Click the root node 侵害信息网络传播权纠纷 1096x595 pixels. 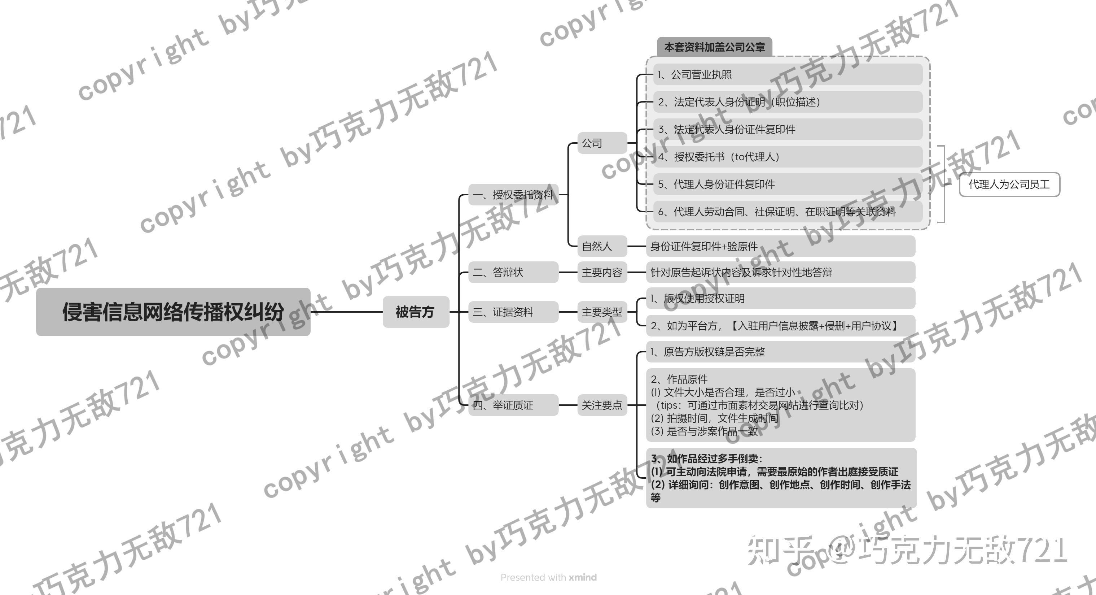(x=173, y=312)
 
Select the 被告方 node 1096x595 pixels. (x=416, y=312)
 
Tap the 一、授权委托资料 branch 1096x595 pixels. (x=513, y=195)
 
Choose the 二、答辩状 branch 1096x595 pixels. (x=513, y=272)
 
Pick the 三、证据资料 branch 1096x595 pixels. (x=513, y=312)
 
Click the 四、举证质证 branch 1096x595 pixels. (x=513, y=405)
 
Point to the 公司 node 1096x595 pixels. (x=602, y=143)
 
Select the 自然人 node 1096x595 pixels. (x=602, y=246)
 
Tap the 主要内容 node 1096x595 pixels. (x=602, y=272)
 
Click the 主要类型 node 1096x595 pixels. (x=602, y=312)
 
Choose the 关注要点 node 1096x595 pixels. (x=602, y=405)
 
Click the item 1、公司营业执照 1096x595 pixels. (x=787, y=74)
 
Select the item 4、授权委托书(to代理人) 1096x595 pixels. (x=787, y=157)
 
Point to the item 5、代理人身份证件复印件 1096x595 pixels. (x=787, y=184)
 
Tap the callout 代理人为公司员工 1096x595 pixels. (x=1009, y=184)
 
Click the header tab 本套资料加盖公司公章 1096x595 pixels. (x=714, y=47)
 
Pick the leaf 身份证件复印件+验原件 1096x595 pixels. (x=780, y=246)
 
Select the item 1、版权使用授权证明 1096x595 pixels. (x=780, y=299)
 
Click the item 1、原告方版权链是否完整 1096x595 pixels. (x=780, y=352)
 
